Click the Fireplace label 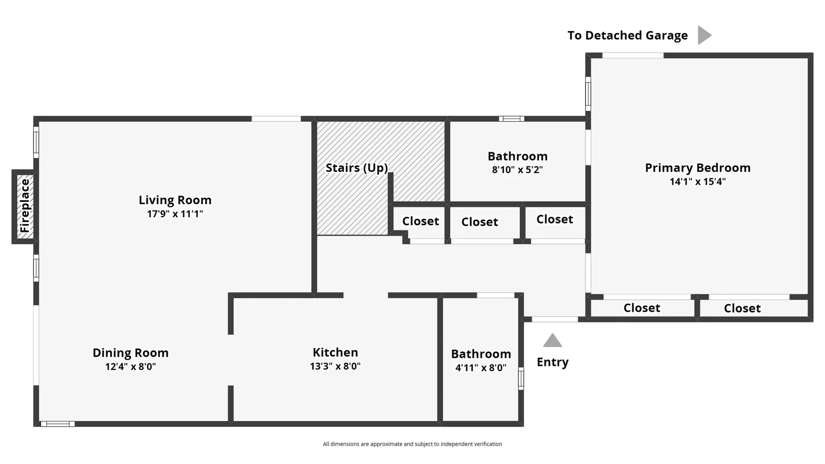(x=25, y=206)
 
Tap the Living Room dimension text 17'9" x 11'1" (x=175, y=214)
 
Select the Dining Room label (x=131, y=353)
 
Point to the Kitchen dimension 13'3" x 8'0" (x=335, y=366)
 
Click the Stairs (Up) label (x=357, y=168)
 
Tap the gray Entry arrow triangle (x=553, y=340)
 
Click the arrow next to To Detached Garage (x=704, y=35)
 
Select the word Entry (x=553, y=362)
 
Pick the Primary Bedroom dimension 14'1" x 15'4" (x=698, y=181)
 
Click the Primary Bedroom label (x=698, y=168)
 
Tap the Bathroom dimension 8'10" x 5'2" (x=517, y=170)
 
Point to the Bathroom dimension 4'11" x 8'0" (x=481, y=368)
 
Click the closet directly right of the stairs (x=420, y=221)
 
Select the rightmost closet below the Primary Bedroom (x=742, y=308)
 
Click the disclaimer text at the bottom (x=412, y=444)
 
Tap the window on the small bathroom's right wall (x=521, y=379)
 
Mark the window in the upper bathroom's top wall (x=511, y=119)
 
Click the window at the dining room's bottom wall (x=58, y=424)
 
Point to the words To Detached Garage (x=627, y=35)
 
